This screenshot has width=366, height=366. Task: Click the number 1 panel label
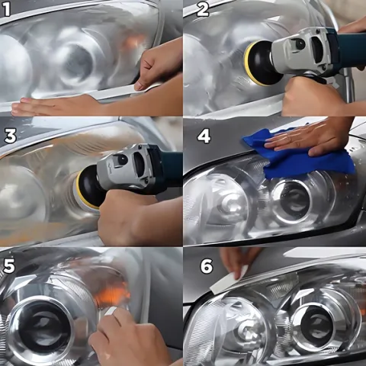pos(7,9)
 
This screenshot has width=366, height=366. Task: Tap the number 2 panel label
pos(203,9)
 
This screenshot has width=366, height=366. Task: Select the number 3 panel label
pos(11,135)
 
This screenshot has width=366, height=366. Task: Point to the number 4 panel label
pos(204,136)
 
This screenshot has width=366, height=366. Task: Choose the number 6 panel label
pos(206,266)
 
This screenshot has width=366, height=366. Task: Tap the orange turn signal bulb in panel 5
pos(112,292)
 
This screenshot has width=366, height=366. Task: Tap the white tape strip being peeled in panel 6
pos(230,281)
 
